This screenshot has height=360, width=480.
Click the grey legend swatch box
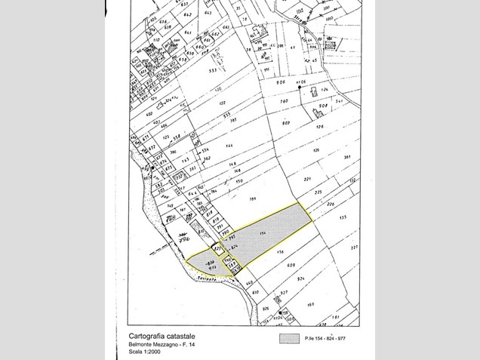[x=289, y=338]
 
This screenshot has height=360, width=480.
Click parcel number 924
[x=300, y=279]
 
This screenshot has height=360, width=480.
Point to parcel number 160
[x=309, y=304]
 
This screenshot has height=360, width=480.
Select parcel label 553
[x=214, y=70]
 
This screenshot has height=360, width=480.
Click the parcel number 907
[x=286, y=123]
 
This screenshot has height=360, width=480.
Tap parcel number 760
[x=285, y=100]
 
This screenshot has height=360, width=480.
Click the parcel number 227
[x=354, y=247]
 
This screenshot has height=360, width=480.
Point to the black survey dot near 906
[x=300, y=88]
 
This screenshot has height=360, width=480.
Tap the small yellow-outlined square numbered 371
[x=217, y=248]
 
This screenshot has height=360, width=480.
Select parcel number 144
[x=229, y=144]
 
